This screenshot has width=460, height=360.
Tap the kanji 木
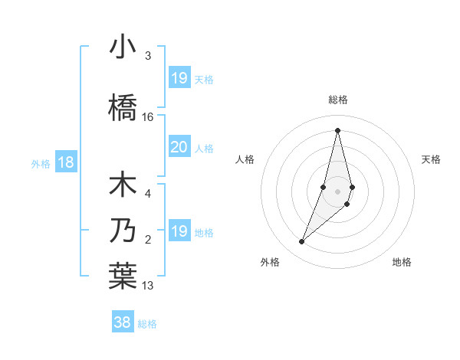pyautogui.click(x=123, y=186)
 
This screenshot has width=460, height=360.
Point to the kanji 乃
pyautogui.click(x=123, y=231)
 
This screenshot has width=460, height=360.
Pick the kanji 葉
pyautogui.click(x=123, y=277)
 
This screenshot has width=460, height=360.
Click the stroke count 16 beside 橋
pyautogui.click(x=148, y=117)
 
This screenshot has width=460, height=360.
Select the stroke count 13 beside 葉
pyautogui.click(x=148, y=286)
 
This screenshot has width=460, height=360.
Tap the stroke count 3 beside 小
pyautogui.click(x=148, y=56)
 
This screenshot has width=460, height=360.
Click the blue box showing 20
pyautogui.click(x=179, y=147)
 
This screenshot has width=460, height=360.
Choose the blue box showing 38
pyautogui.click(x=122, y=322)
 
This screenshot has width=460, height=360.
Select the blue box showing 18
pyautogui.click(x=65, y=162)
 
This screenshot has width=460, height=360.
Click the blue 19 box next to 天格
pyautogui.click(x=179, y=78)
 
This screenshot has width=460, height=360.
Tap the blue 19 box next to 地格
pyautogui.click(x=179, y=231)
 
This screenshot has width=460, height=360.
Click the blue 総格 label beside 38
pyautogui.click(x=147, y=324)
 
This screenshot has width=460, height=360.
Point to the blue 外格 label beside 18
pyautogui.click(x=40, y=163)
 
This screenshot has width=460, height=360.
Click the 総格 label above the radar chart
pyautogui.click(x=337, y=100)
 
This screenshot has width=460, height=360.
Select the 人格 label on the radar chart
pyautogui.click(x=245, y=159)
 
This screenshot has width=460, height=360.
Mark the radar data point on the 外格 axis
pyautogui.click(x=302, y=242)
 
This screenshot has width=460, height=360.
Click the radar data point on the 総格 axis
pyautogui.click(x=337, y=130)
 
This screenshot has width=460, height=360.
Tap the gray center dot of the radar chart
pyautogui.click(x=337, y=191)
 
